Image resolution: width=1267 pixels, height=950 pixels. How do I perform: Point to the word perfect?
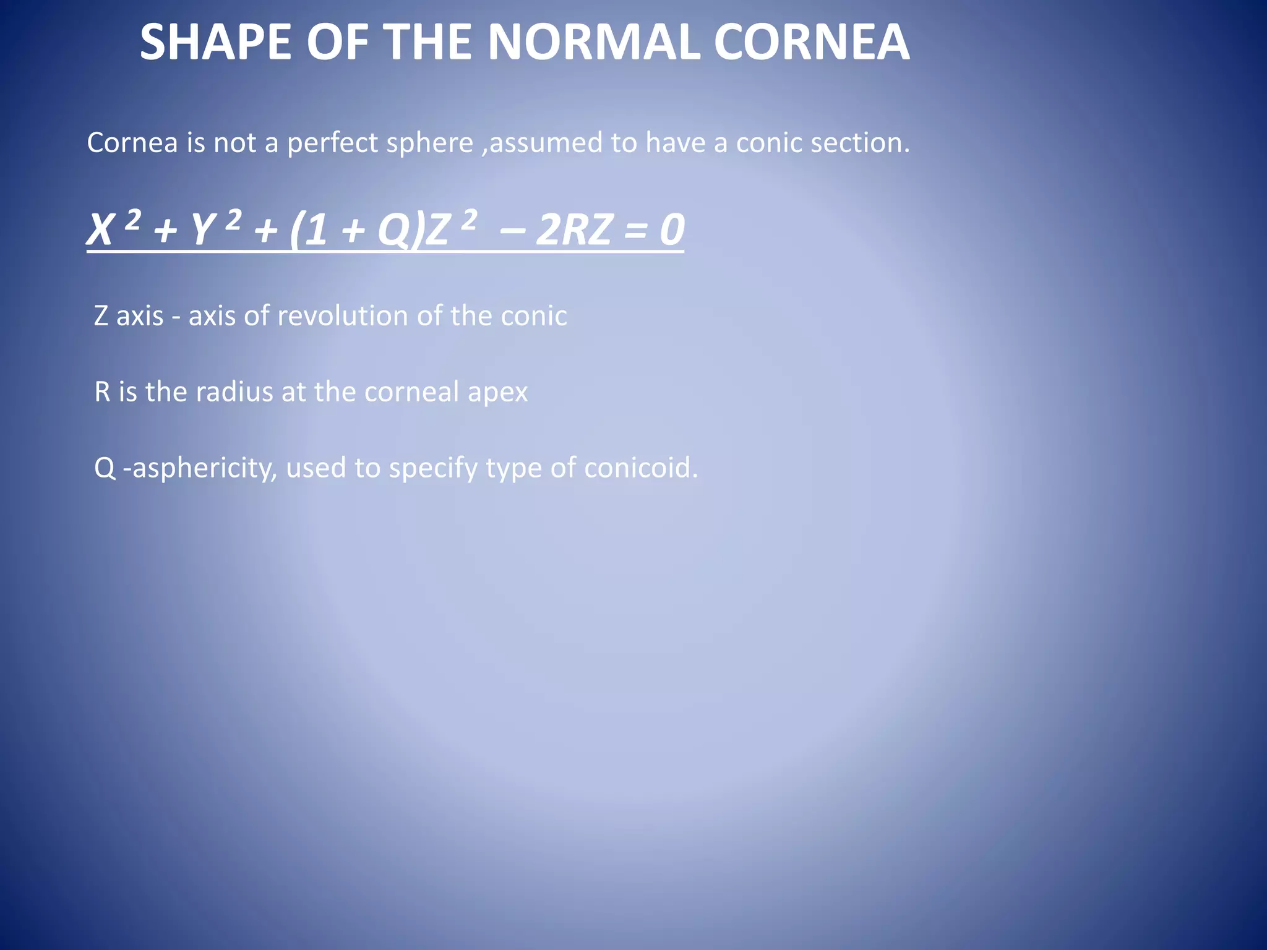pyautogui.click(x=332, y=143)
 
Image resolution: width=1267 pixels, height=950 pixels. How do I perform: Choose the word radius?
pyautogui.click(x=234, y=392)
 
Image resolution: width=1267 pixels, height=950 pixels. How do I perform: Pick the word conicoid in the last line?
pyautogui.click(x=640, y=468)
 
